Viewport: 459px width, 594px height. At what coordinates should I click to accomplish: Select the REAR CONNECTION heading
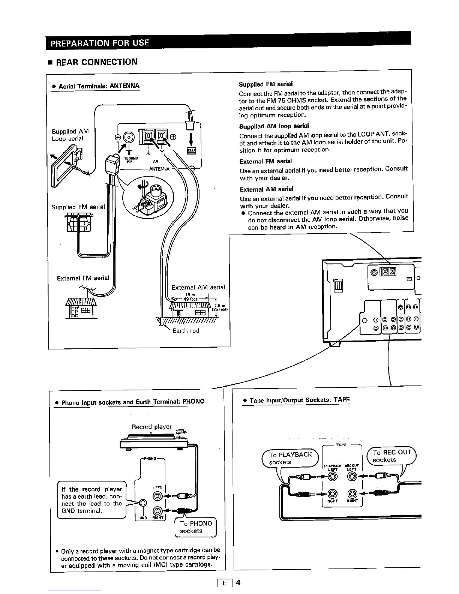(96, 62)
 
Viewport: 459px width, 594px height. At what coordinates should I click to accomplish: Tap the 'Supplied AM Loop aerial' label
(70, 135)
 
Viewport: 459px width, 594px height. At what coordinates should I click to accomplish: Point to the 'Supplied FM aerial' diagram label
(78, 207)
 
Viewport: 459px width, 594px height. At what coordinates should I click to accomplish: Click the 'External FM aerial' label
(83, 278)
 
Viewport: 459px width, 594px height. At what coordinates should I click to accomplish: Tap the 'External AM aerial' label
(198, 287)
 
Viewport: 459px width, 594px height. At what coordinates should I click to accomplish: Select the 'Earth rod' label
(186, 330)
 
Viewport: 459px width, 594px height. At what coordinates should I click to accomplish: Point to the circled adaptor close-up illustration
(148, 198)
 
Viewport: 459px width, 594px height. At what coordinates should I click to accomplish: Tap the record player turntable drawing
(154, 441)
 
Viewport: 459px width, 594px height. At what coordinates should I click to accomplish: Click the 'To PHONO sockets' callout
(196, 527)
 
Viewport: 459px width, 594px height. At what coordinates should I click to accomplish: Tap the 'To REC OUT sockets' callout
(391, 456)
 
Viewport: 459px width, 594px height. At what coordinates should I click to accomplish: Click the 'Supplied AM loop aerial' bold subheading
(274, 126)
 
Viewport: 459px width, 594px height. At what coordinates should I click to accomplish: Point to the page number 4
(238, 582)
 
